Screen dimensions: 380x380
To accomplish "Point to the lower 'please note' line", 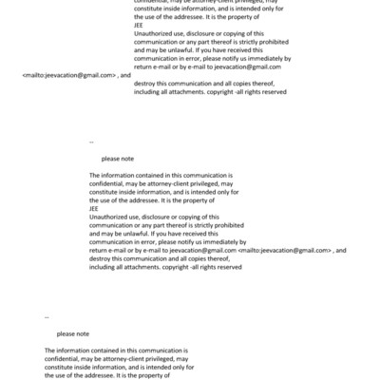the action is tap(72, 333).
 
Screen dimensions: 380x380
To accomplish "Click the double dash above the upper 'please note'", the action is tap(91, 141).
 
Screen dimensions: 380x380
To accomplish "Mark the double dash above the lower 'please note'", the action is tap(47, 316).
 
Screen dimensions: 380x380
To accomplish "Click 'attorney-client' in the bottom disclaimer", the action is tap(114, 359).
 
